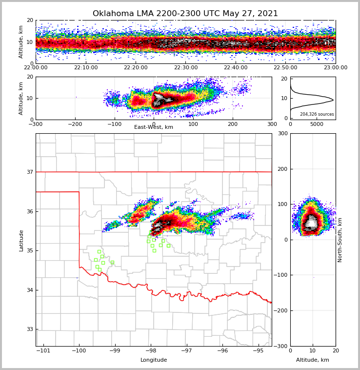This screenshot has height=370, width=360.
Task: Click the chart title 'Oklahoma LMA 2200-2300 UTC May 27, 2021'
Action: tap(185, 14)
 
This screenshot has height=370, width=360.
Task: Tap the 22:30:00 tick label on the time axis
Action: tap(186, 68)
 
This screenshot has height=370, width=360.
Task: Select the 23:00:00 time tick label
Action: tap(335, 68)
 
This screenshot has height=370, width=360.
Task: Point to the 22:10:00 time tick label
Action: tap(86, 68)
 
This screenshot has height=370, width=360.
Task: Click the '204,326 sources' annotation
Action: tap(317, 114)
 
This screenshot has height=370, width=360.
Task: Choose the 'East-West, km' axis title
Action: tap(154, 127)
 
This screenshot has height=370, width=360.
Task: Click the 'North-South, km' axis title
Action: tap(340, 240)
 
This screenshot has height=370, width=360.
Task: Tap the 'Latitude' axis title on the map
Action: tap(21, 240)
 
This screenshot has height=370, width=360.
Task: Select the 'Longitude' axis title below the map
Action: tap(154, 360)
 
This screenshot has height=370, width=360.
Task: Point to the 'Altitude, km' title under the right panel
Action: tap(313, 360)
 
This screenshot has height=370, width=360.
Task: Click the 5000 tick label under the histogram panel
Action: tap(317, 124)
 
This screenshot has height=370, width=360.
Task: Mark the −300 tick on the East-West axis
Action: tap(36, 124)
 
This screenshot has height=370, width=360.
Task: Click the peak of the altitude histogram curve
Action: tap(333, 100)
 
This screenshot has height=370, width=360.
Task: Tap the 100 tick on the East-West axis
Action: tap(193, 124)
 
